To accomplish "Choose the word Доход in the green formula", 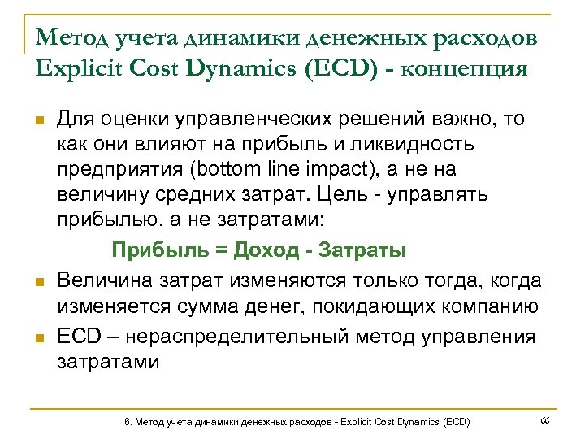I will click(267, 250).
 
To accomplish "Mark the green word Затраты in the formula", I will click(362, 250).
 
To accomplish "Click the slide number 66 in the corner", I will click(545, 419).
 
